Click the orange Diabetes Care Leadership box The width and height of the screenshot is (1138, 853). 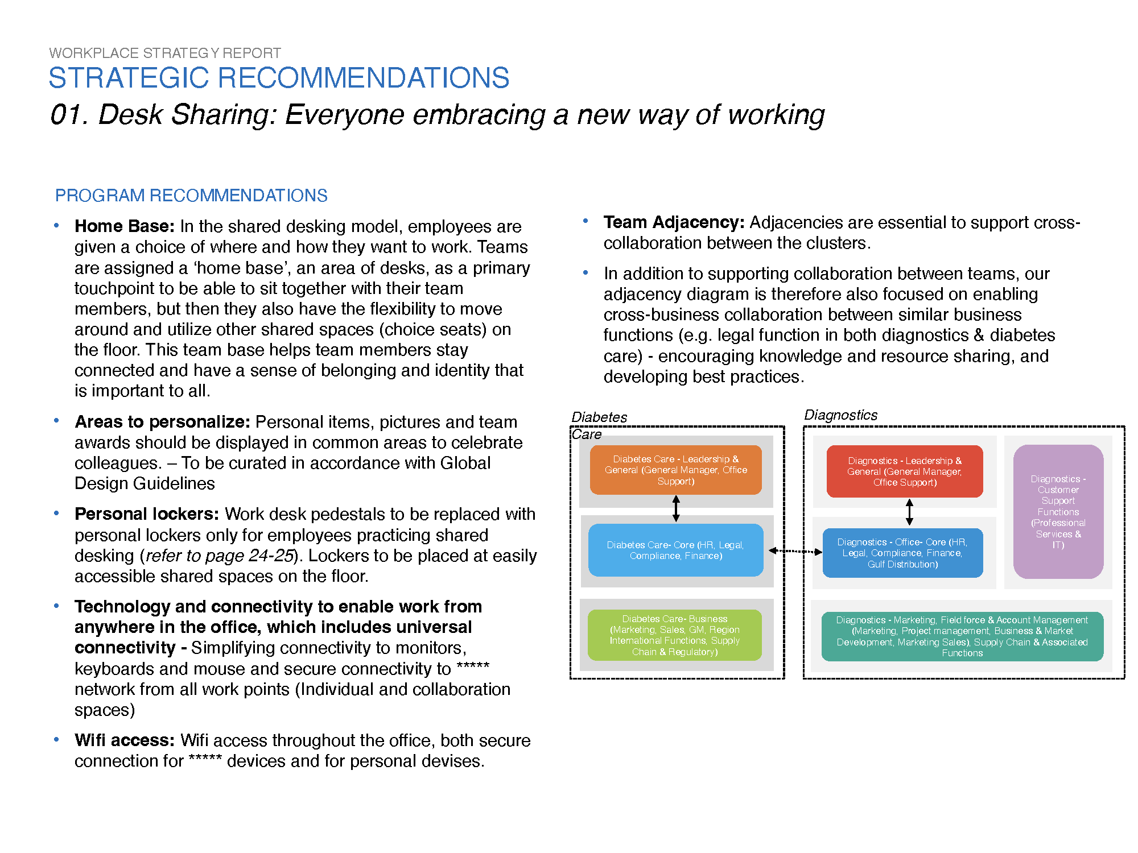coord(675,470)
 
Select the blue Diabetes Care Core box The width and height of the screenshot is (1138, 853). coord(675,550)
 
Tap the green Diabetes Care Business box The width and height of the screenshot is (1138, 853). coord(674,635)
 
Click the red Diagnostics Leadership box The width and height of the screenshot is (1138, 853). coord(904,471)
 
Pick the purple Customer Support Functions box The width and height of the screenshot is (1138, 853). coord(1058,512)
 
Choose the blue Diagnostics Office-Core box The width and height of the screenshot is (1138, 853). coord(902,553)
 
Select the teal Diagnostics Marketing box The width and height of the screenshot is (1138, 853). coord(962,636)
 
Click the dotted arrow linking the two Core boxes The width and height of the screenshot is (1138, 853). coord(795,551)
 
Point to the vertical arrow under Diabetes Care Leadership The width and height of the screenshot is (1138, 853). coord(676,508)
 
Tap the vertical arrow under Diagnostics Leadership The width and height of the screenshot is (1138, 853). coord(909,512)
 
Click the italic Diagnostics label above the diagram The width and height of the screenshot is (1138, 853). coord(840,415)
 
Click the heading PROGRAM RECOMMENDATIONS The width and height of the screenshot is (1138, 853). coord(191,196)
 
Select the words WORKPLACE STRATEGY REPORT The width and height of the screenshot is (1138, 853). coord(165,53)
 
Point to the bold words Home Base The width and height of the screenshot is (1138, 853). coord(124,226)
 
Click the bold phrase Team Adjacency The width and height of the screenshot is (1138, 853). coord(674,222)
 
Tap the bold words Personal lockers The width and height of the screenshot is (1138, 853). coord(146,514)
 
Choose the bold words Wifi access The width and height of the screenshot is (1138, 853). coord(124,740)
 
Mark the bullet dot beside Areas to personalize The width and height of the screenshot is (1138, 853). coord(56,421)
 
